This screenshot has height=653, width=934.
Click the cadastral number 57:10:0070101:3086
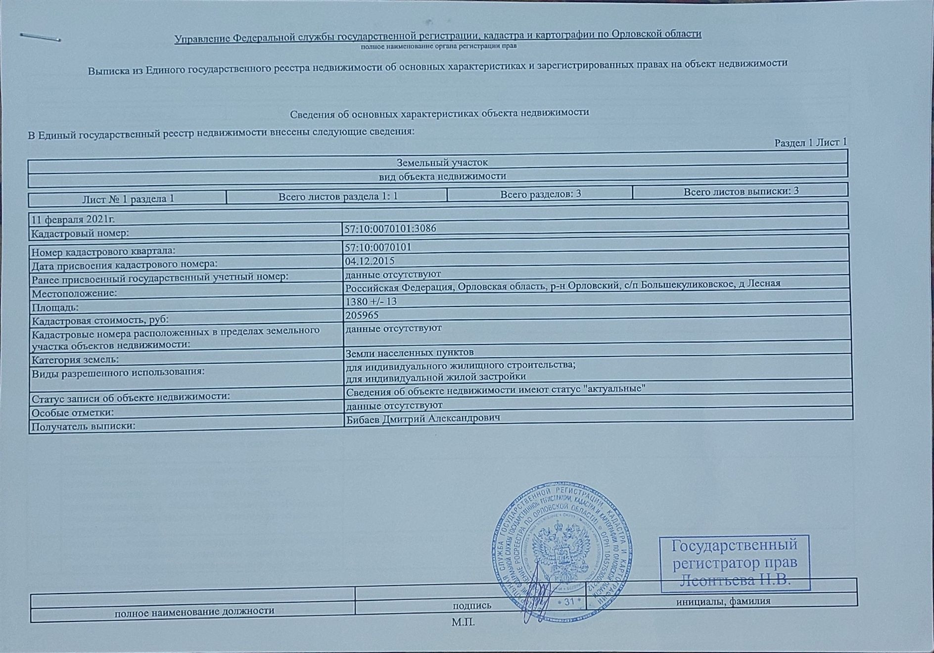tap(390, 229)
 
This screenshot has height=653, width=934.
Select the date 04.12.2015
tap(370, 261)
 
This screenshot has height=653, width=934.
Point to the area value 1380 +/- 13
tap(371, 301)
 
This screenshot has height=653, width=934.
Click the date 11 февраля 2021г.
tap(73, 219)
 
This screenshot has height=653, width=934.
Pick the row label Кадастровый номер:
tap(80, 233)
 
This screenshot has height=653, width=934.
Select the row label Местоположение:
tap(74, 293)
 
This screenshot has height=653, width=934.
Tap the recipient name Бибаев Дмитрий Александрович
tap(422, 418)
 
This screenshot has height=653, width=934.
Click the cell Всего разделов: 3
tap(540, 194)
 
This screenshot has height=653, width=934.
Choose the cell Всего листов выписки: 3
tap(741, 191)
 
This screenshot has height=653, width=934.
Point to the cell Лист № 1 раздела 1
tap(128, 199)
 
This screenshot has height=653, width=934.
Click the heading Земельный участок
tap(442, 162)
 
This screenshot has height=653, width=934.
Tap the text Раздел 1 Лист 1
tap(810, 142)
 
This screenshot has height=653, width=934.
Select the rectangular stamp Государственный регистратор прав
tap(735, 562)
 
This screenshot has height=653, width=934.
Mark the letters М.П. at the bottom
tap(463, 622)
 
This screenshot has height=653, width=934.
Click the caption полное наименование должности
tap(194, 611)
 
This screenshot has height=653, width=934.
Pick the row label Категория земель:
tap(75, 360)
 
